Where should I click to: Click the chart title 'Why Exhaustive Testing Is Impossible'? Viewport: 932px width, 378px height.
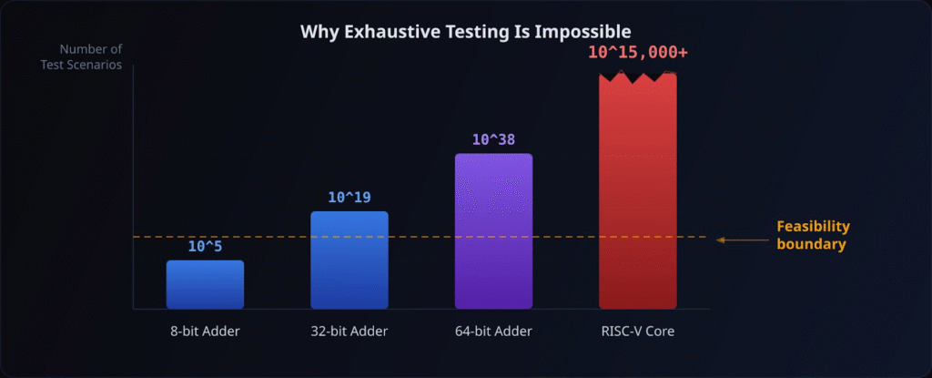[466, 33]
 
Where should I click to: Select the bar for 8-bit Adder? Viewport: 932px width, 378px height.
[205, 284]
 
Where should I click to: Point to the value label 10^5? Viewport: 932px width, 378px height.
[205, 247]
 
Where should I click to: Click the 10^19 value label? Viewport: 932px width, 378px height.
[349, 198]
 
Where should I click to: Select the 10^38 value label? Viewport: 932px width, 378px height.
[493, 139]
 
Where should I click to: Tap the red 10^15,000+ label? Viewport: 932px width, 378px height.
[638, 52]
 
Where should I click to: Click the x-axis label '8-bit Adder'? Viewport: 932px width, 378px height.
[205, 331]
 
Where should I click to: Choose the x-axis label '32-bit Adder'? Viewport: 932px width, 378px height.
[349, 331]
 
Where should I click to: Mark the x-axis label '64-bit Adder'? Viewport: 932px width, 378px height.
[493, 331]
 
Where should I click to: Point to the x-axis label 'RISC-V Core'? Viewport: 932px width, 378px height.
[638, 331]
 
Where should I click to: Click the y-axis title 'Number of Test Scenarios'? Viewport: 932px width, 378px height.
[91, 56]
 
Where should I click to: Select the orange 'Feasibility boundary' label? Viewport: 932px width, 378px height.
[812, 235]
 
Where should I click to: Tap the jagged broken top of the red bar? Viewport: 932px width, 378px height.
[638, 77]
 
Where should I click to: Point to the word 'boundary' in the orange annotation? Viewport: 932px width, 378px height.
[811, 244]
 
